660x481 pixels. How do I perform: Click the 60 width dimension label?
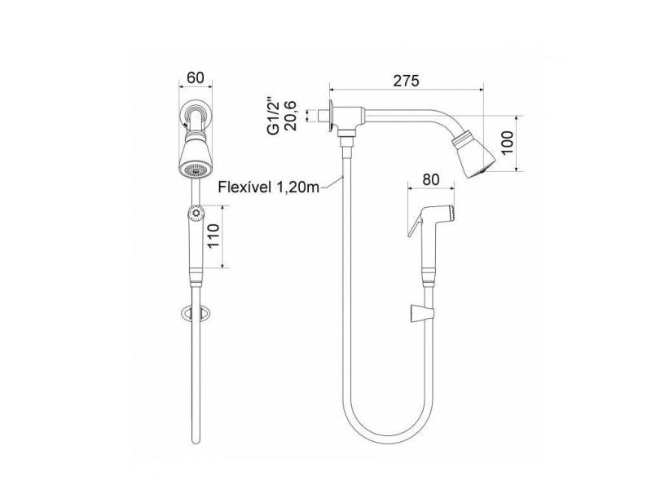pos(195,78)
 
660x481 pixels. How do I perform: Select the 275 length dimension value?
pos(405,81)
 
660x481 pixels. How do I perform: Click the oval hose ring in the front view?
pos(195,312)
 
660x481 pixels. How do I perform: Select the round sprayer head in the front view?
pos(194,214)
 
